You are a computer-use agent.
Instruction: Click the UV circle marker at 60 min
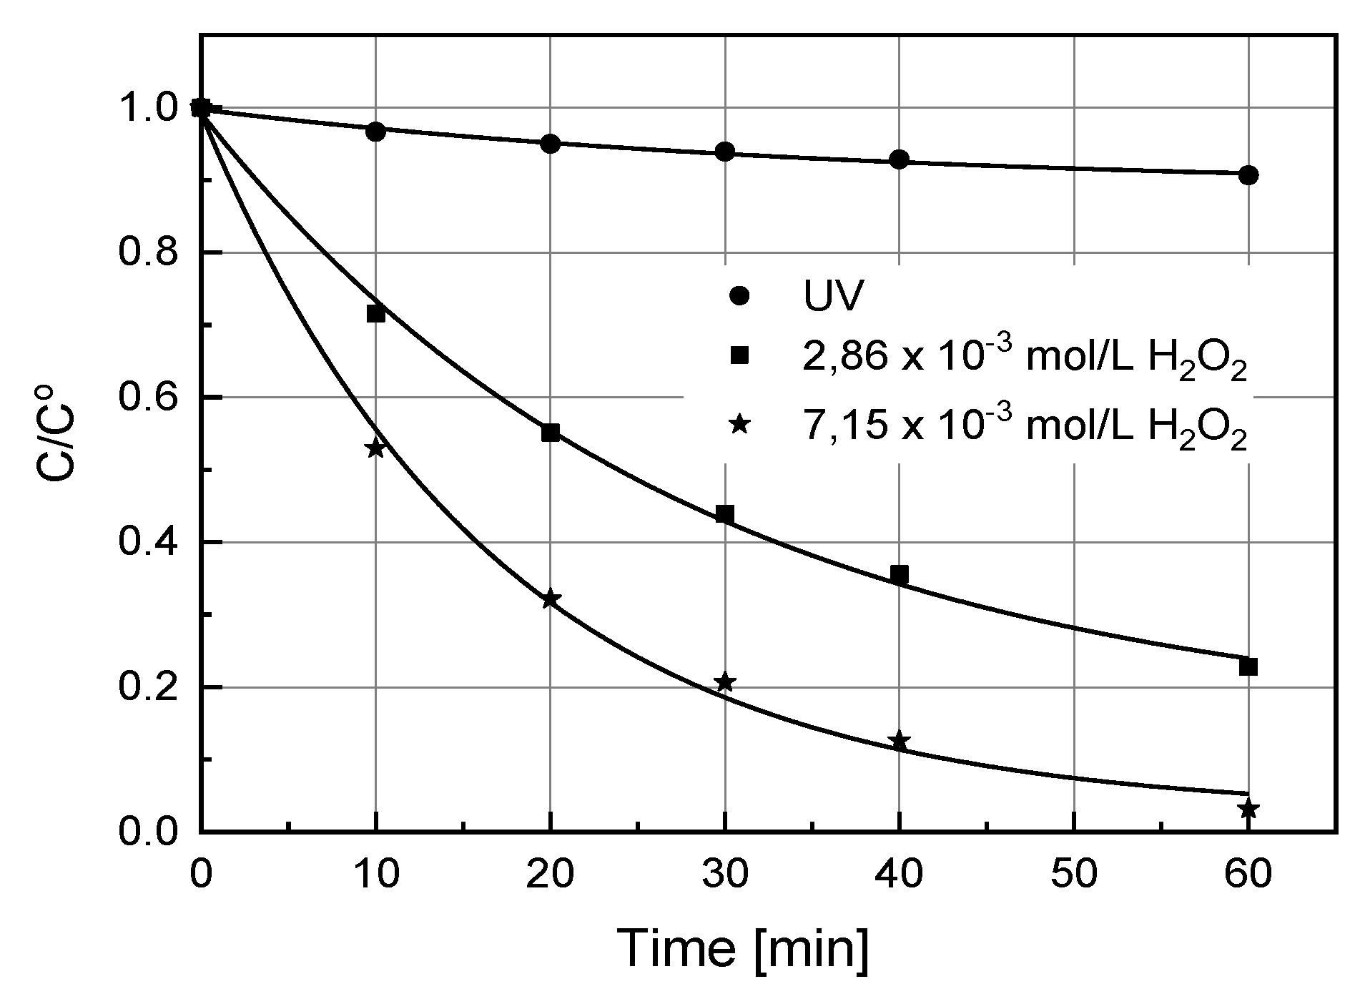pyautogui.click(x=1248, y=175)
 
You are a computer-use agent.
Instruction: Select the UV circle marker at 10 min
pyautogui.click(x=375, y=132)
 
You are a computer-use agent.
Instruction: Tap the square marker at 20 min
pyautogui.click(x=551, y=433)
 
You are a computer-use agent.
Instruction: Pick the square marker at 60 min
pyautogui.click(x=1248, y=667)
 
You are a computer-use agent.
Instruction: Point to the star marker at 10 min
pyautogui.click(x=375, y=448)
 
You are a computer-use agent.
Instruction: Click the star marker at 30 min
pyautogui.click(x=725, y=682)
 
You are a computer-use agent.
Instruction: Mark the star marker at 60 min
pyautogui.click(x=1248, y=810)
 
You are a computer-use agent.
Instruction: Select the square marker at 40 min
pyautogui.click(x=900, y=574)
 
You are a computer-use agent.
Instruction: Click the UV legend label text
pyautogui.click(x=830, y=297)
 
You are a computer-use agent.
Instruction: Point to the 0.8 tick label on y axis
pyautogui.click(x=147, y=253)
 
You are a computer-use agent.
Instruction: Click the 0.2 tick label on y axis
pyautogui.click(x=147, y=688)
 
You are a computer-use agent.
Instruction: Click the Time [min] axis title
pyautogui.click(x=744, y=949)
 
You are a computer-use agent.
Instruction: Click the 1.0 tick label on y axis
pyautogui.click(x=147, y=109)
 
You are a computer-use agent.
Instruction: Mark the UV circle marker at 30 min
pyautogui.click(x=725, y=152)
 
